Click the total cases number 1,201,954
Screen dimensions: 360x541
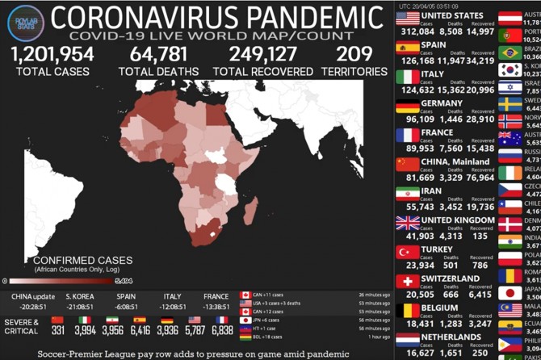coord(52,54)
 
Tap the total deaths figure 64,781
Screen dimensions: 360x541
coord(158,54)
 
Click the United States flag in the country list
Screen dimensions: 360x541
coord(408,18)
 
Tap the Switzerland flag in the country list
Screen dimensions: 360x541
coord(408,281)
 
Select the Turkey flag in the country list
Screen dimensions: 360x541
coord(408,252)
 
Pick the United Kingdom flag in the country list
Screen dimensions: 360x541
coord(408,223)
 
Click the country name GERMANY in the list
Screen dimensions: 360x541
coord(442,103)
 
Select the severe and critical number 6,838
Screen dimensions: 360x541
coord(221,330)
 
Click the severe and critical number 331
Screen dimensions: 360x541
coord(57,330)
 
